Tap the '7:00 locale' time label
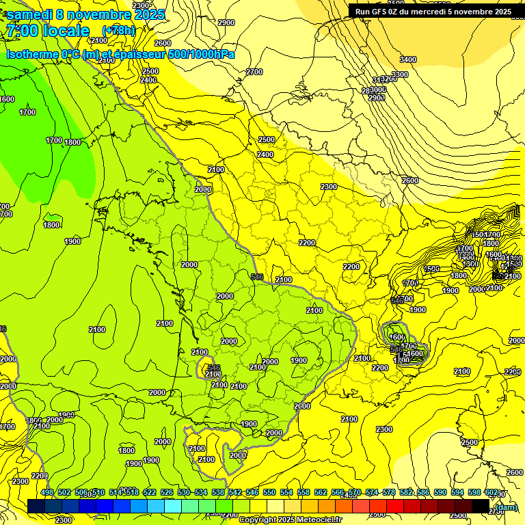pyautogui.click(x=47, y=31)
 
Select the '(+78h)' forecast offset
pyautogui.click(x=118, y=31)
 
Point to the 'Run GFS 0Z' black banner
pyautogui.click(x=433, y=12)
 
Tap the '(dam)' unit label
pyautogui.click(x=506, y=507)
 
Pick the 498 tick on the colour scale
pyautogui.click(x=47, y=492)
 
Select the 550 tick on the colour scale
pyautogui.click(x=269, y=492)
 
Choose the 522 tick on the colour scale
pyautogui.click(x=150, y=492)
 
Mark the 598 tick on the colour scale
pyautogui.click(x=474, y=492)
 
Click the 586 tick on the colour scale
pyautogui.click(x=423, y=492)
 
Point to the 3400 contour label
pyautogui.click(x=407, y=59)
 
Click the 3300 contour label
pyautogui.click(x=400, y=75)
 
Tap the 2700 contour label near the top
pyautogui.click(x=254, y=72)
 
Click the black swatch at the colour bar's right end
pyautogui.click(x=481, y=506)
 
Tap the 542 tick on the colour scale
pyautogui.click(x=235, y=492)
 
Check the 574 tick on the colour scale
pyautogui.click(x=372, y=492)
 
